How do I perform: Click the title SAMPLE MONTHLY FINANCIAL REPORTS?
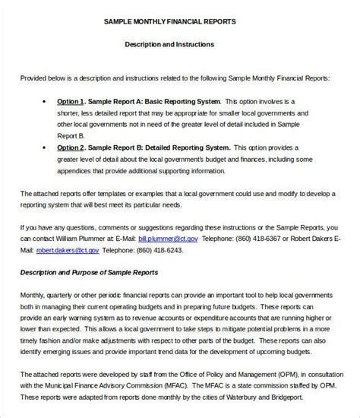pos(180,22)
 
